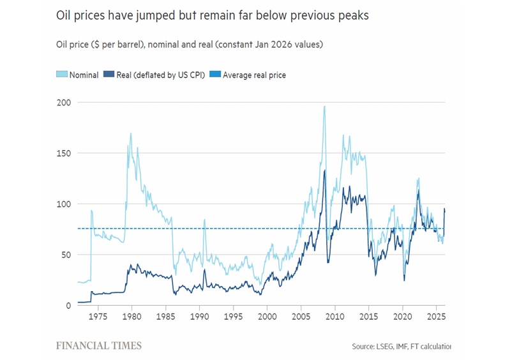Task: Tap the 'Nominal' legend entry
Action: pos(84,75)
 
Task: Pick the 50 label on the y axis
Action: pos(64,255)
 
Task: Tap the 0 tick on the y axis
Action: pos(67,306)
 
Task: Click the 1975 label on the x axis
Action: pos(98,316)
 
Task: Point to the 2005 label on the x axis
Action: pos(301,316)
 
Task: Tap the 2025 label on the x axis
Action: pos(436,316)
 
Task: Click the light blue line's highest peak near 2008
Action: pos(324,107)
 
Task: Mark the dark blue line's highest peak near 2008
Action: pos(324,170)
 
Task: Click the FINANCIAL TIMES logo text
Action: pos(99,346)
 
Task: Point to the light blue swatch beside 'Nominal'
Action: pos(63,75)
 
